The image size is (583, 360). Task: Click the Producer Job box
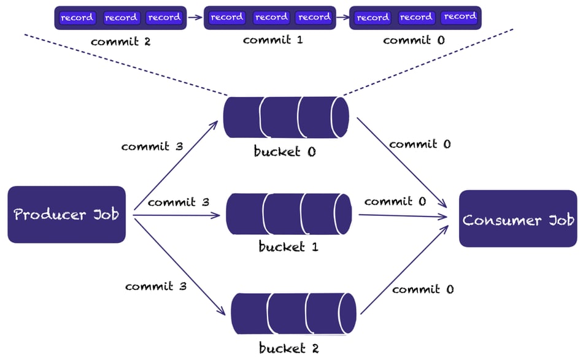click(66, 215)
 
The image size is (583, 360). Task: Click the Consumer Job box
click(518, 219)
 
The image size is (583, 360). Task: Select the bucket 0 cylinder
click(286, 117)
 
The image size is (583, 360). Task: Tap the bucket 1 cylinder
click(288, 215)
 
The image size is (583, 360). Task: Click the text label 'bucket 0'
click(285, 151)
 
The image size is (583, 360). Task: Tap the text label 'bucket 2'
click(288, 349)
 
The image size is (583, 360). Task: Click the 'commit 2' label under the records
click(120, 42)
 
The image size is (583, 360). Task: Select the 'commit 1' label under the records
click(272, 40)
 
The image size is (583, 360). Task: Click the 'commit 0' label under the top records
click(414, 40)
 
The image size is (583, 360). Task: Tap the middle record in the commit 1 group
click(271, 18)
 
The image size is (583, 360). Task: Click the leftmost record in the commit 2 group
click(77, 18)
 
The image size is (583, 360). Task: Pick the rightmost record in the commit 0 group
click(460, 17)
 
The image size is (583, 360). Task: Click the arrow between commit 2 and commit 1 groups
click(194, 18)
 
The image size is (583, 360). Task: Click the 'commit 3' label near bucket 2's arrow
click(155, 286)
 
